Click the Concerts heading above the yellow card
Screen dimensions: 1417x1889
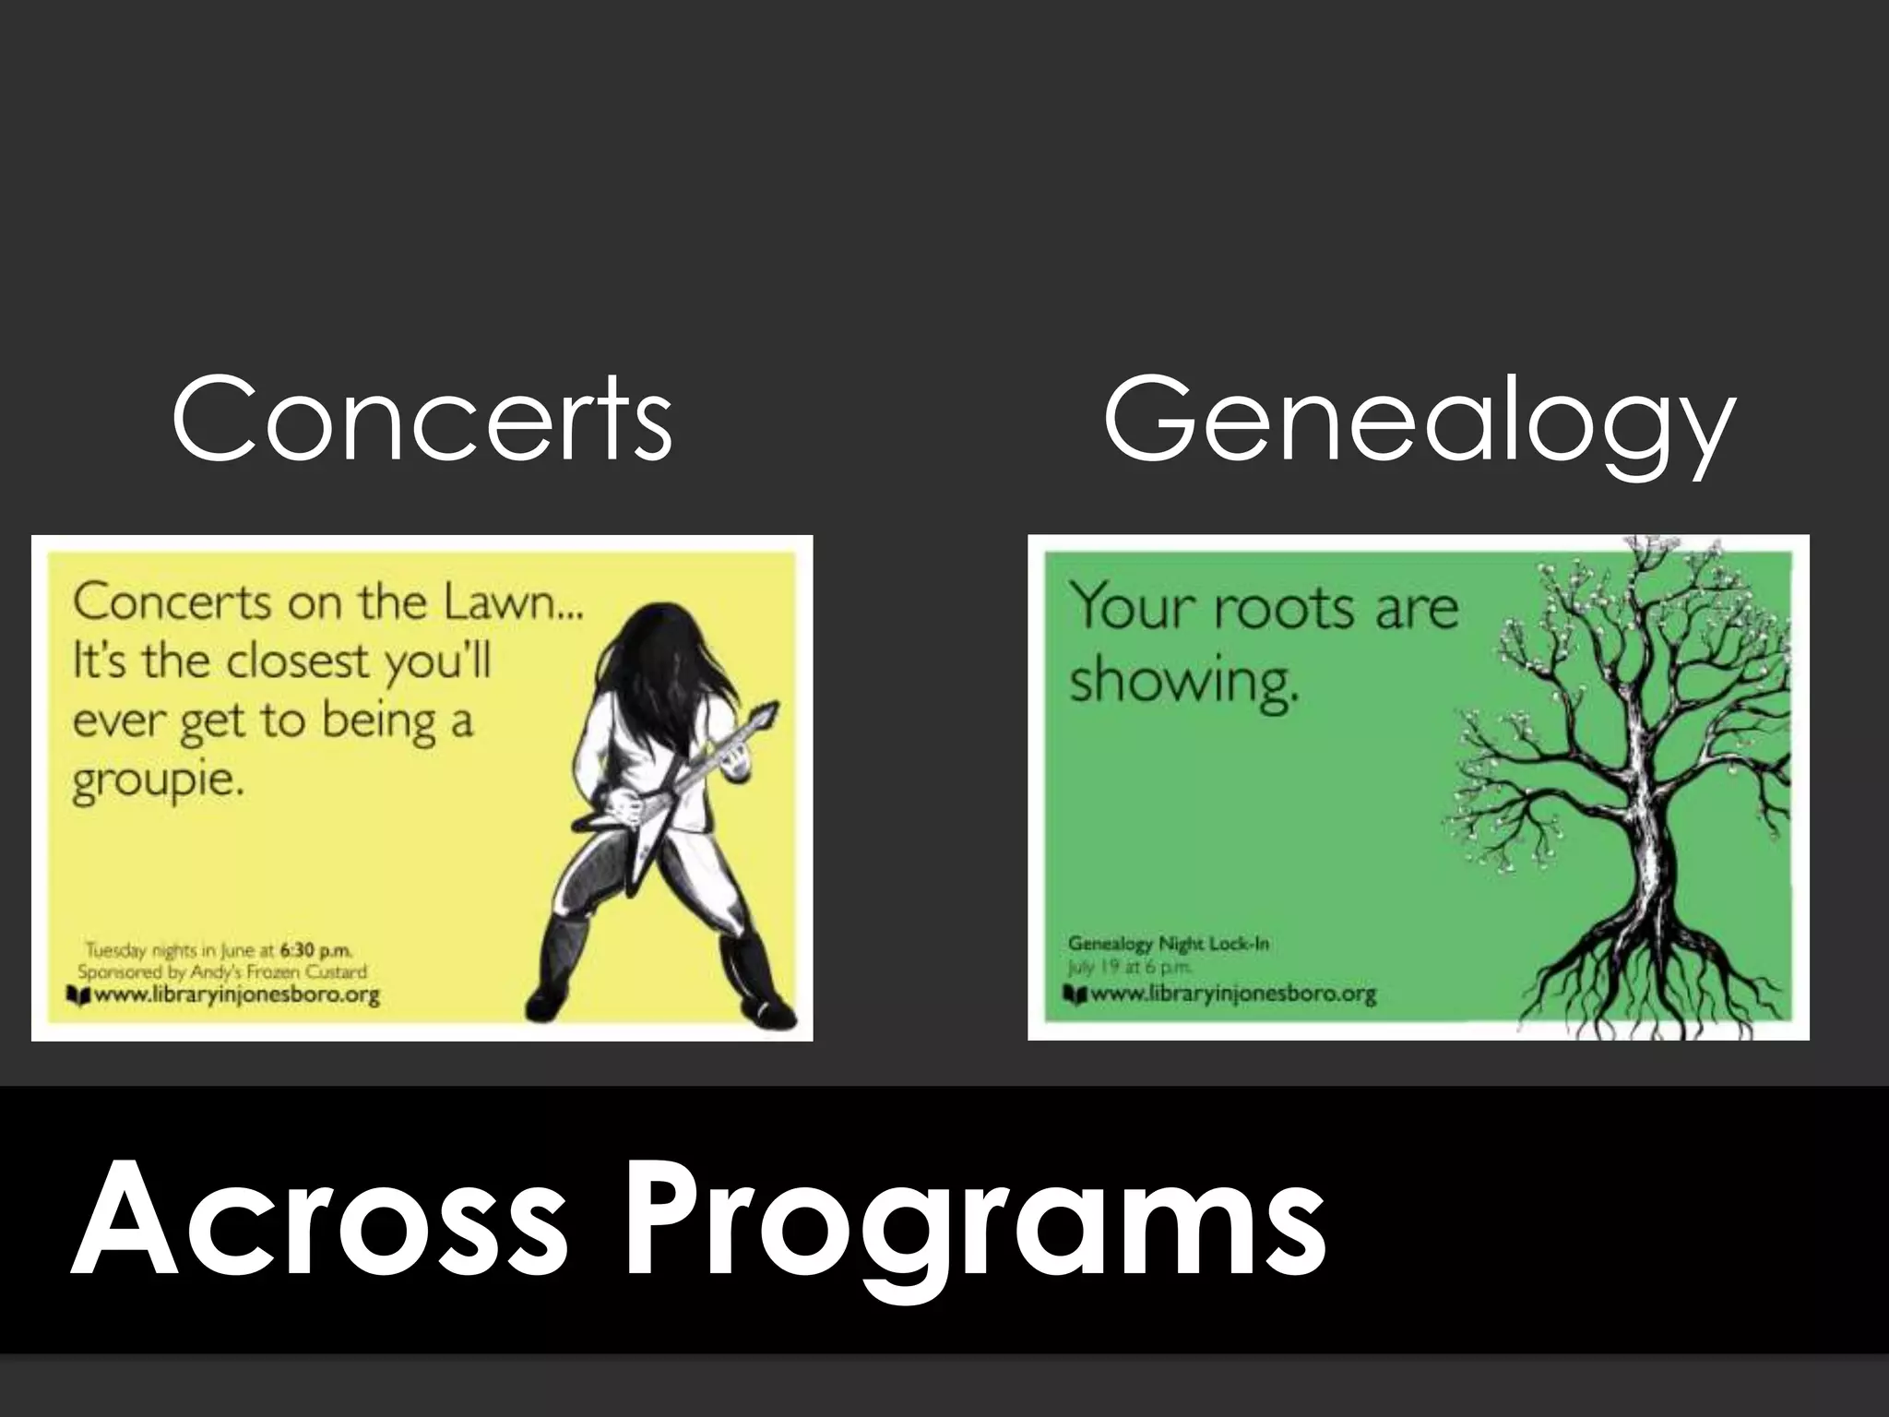tap(422, 421)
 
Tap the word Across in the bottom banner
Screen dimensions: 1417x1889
tap(318, 1220)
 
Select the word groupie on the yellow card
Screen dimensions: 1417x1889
tap(159, 782)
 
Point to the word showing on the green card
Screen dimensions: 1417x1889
tap(1183, 683)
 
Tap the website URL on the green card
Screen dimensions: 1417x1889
tap(1232, 994)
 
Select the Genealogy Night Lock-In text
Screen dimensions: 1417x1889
tap(1168, 943)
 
